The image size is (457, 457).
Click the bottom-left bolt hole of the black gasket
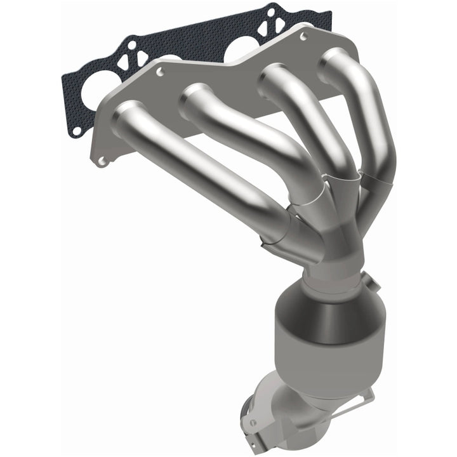(x=76, y=131)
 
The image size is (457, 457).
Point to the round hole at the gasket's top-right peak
(x=271, y=11)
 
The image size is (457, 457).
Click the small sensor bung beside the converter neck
(x=369, y=280)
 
